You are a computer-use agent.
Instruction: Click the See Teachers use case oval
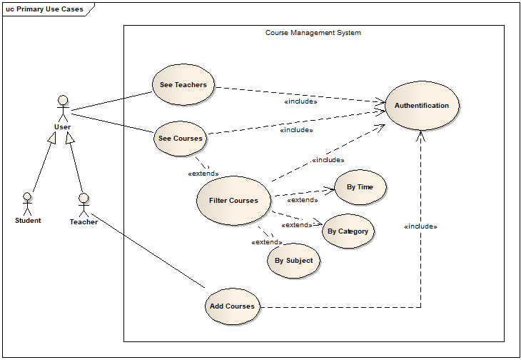pyautogui.click(x=183, y=85)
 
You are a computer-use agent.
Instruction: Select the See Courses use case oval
pyautogui.click(x=180, y=139)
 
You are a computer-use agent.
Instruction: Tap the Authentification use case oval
pyautogui.click(x=422, y=106)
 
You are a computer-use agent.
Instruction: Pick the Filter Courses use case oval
pyautogui.click(x=233, y=201)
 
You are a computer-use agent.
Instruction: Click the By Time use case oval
pyautogui.click(x=360, y=187)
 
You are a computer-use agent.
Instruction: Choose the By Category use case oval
pyautogui.click(x=348, y=231)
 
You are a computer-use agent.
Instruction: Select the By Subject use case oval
pyautogui.click(x=294, y=260)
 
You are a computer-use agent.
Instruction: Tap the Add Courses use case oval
pyautogui.click(x=232, y=306)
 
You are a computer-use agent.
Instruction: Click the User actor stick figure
pyautogui.click(x=63, y=109)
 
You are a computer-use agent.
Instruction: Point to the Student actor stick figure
pyautogui.click(x=27, y=204)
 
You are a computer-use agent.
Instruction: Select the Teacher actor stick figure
pyautogui.click(x=84, y=205)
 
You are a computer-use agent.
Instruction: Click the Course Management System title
pyautogui.click(x=313, y=33)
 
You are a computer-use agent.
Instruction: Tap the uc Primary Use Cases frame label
pyautogui.click(x=44, y=9)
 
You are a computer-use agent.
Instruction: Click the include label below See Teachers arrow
pyautogui.click(x=300, y=101)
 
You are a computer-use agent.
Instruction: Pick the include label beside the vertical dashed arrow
pyautogui.click(x=420, y=226)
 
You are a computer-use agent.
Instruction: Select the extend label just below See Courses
pyautogui.click(x=203, y=174)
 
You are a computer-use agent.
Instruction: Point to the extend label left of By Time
pyautogui.click(x=303, y=200)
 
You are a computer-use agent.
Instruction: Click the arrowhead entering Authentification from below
pyautogui.click(x=420, y=136)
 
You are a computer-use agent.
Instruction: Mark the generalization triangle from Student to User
pyautogui.click(x=52, y=138)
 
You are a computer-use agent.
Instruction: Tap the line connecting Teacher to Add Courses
pyautogui.click(x=148, y=250)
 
